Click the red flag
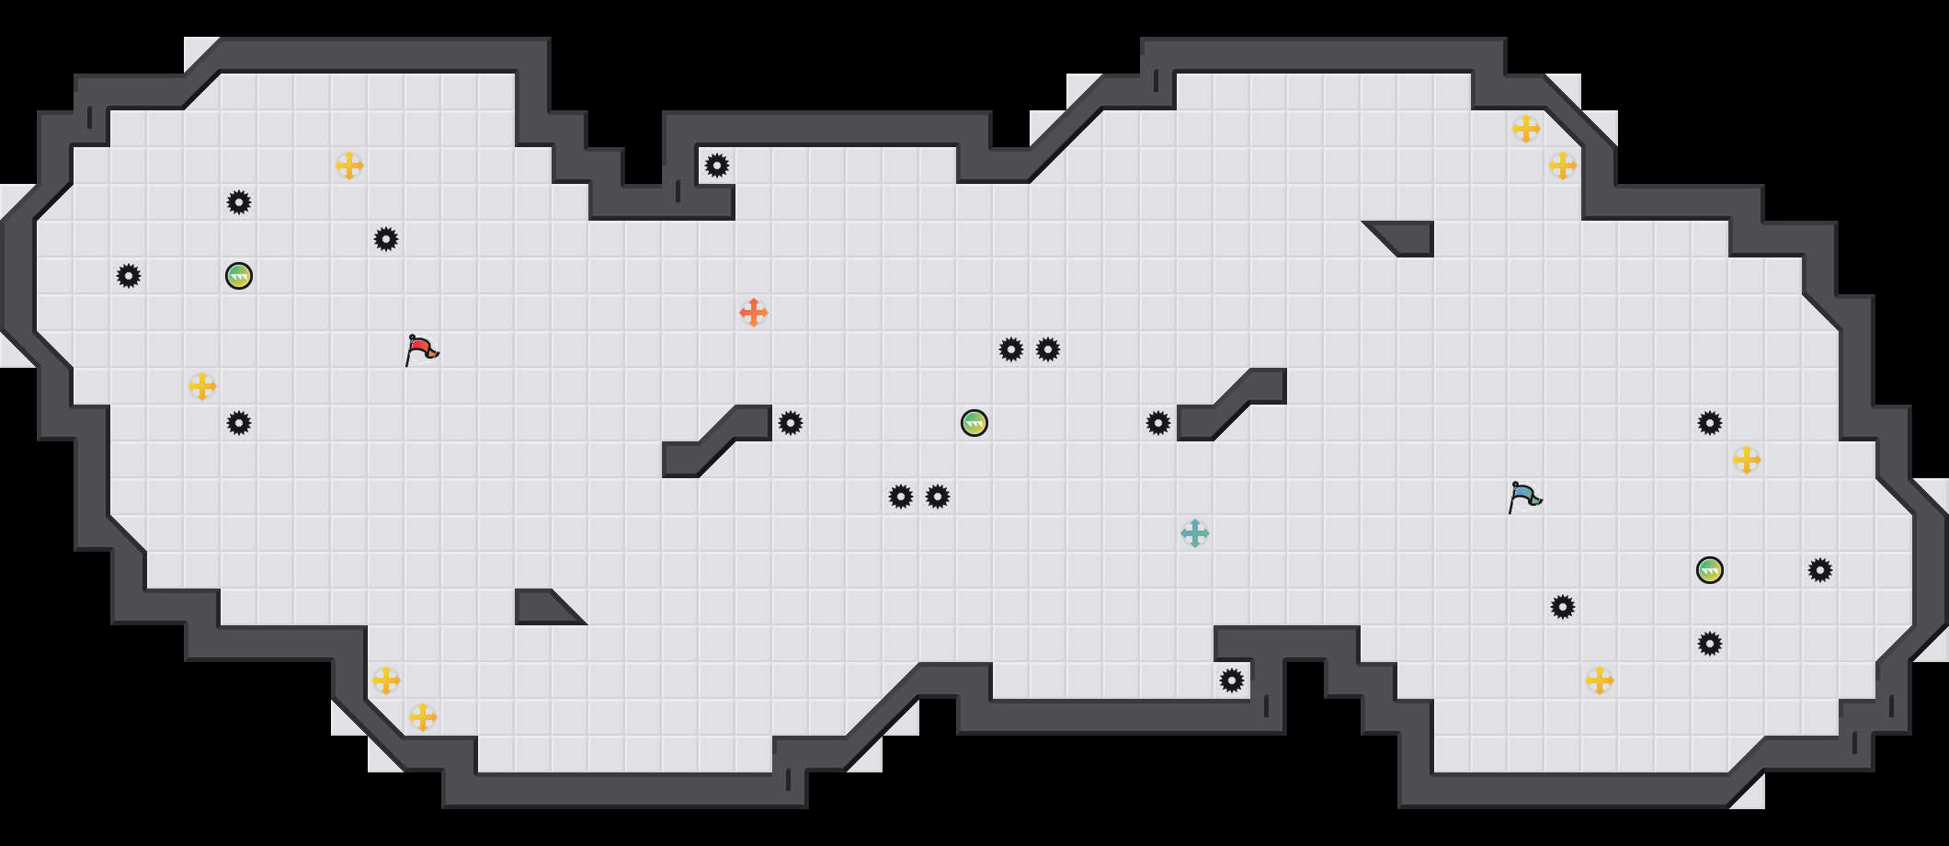[421, 349]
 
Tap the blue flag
[1524, 497]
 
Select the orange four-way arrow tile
[754, 313]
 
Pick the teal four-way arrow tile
[1195, 533]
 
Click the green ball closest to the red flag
[239, 276]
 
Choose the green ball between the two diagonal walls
[974, 423]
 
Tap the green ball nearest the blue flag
[1710, 570]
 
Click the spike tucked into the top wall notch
[717, 166]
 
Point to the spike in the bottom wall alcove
[1232, 680]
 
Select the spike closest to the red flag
[386, 239]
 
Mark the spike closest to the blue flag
[1563, 607]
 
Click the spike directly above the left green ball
[239, 202]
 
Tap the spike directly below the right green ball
[1710, 644]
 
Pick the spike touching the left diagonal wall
[791, 423]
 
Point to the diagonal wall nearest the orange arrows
[717, 441]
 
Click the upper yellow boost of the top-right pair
[1526, 129]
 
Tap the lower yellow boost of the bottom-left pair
[423, 717]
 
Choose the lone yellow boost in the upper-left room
[349, 166]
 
